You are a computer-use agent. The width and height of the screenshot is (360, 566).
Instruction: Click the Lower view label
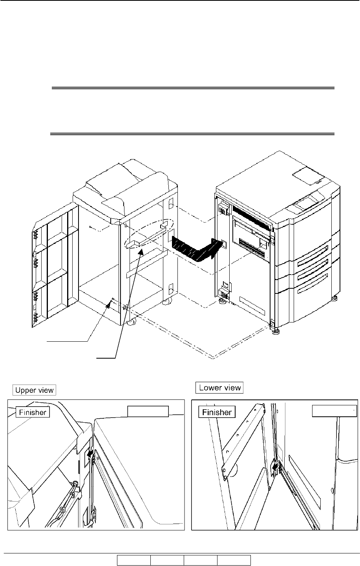[220, 388]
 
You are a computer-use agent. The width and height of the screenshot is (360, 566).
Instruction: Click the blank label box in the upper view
[148, 411]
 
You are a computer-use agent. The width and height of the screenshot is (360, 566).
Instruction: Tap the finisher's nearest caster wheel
[132, 322]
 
